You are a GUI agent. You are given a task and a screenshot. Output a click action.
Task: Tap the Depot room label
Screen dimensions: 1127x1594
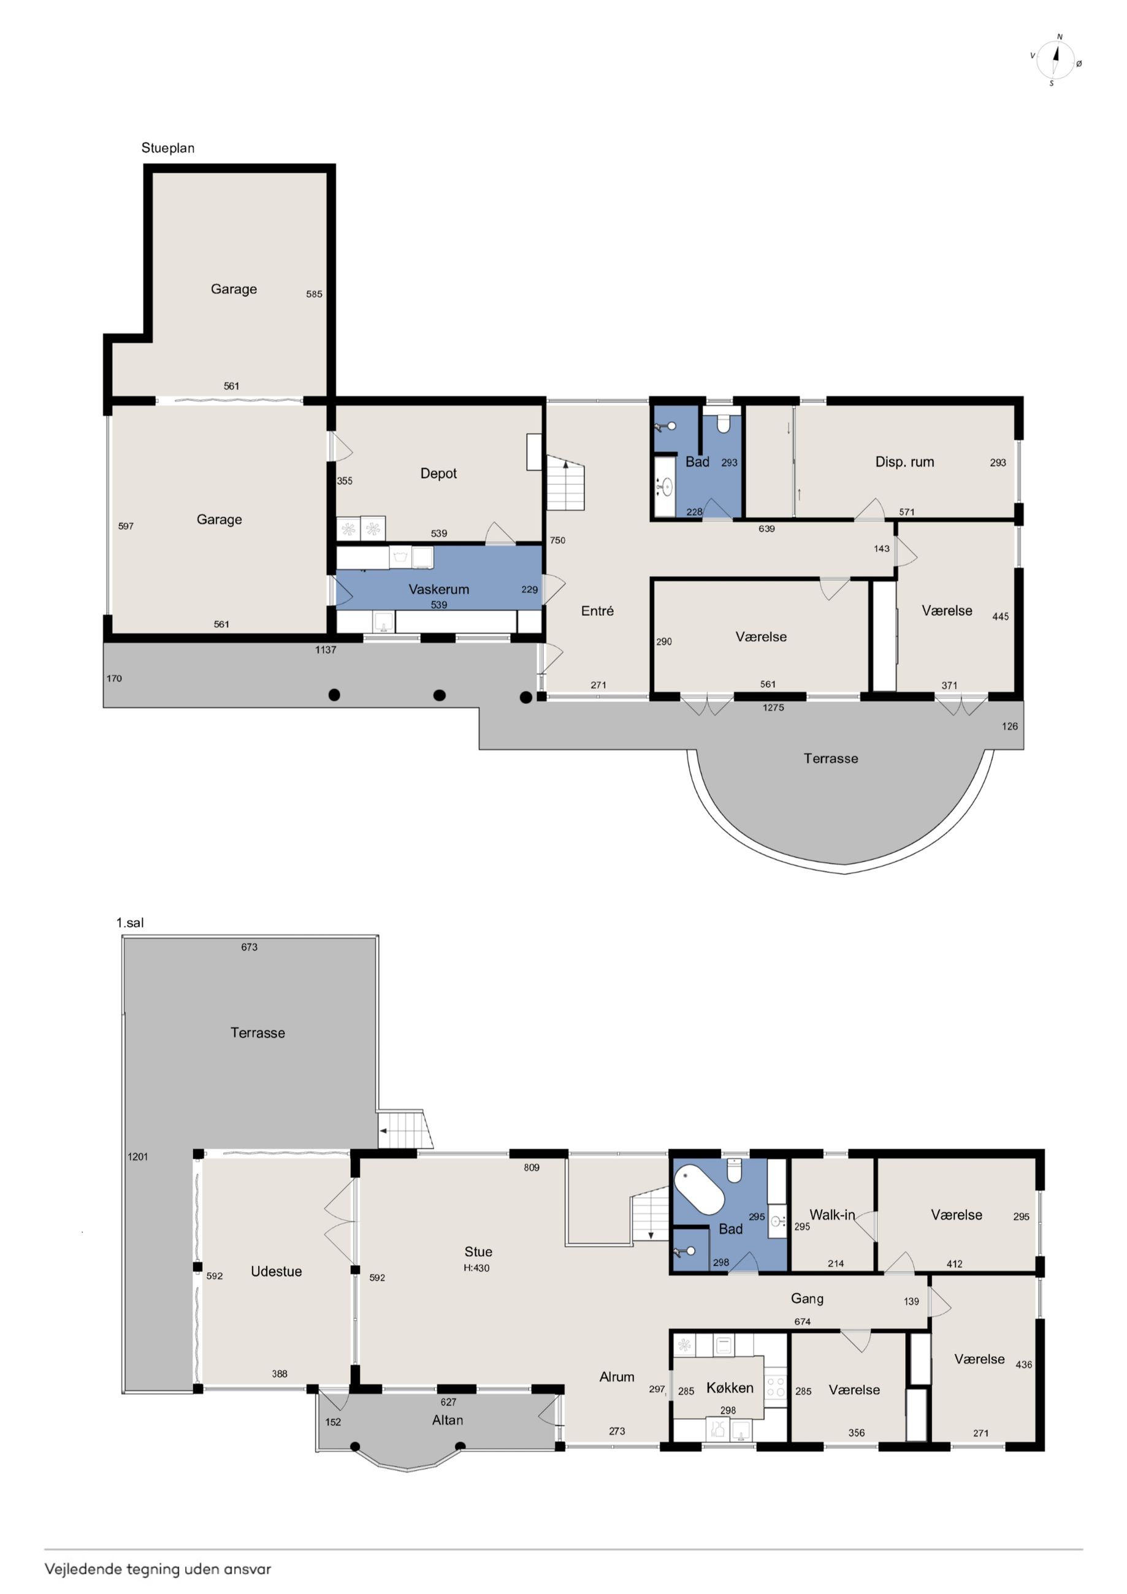click(438, 473)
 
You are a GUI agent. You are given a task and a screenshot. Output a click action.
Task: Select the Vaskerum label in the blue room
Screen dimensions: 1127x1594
click(438, 589)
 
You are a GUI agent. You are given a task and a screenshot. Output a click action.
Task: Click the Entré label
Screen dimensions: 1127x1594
click(597, 611)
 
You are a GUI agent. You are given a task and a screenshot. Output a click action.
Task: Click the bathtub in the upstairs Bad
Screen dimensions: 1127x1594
click(700, 1189)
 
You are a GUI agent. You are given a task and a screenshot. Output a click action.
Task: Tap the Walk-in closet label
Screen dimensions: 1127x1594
click(832, 1215)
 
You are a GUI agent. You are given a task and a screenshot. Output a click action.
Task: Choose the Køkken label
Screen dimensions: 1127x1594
click(729, 1388)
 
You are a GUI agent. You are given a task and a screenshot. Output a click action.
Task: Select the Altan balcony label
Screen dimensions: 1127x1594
click(447, 1420)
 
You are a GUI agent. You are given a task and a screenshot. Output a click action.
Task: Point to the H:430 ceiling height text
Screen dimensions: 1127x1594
click(476, 1268)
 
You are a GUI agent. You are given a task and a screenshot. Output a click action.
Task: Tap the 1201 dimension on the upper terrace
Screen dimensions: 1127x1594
click(137, 1157)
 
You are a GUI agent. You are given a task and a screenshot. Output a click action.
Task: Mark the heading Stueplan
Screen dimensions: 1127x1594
click(168, 148)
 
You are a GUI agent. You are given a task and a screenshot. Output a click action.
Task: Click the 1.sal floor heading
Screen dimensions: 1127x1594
click(130, 923)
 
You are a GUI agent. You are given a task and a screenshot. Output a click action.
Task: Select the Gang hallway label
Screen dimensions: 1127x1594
click(807, 1298)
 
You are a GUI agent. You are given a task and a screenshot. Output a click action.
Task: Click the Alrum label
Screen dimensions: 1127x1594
click(617, 1377)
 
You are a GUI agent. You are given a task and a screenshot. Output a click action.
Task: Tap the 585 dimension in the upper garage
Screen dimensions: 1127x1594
click(314, 294)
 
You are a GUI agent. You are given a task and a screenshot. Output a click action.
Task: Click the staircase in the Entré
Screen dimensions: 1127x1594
click(566, 482)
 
